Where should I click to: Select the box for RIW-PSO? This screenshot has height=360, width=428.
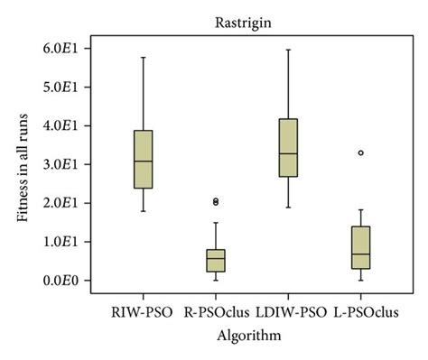click(x=143, y=160)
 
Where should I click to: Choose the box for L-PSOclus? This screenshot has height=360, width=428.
click(x=360, y=247)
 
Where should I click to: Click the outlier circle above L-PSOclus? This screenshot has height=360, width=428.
click(x=360, y=153)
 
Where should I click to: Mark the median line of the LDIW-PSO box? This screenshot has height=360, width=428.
click(x=287, y=153)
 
